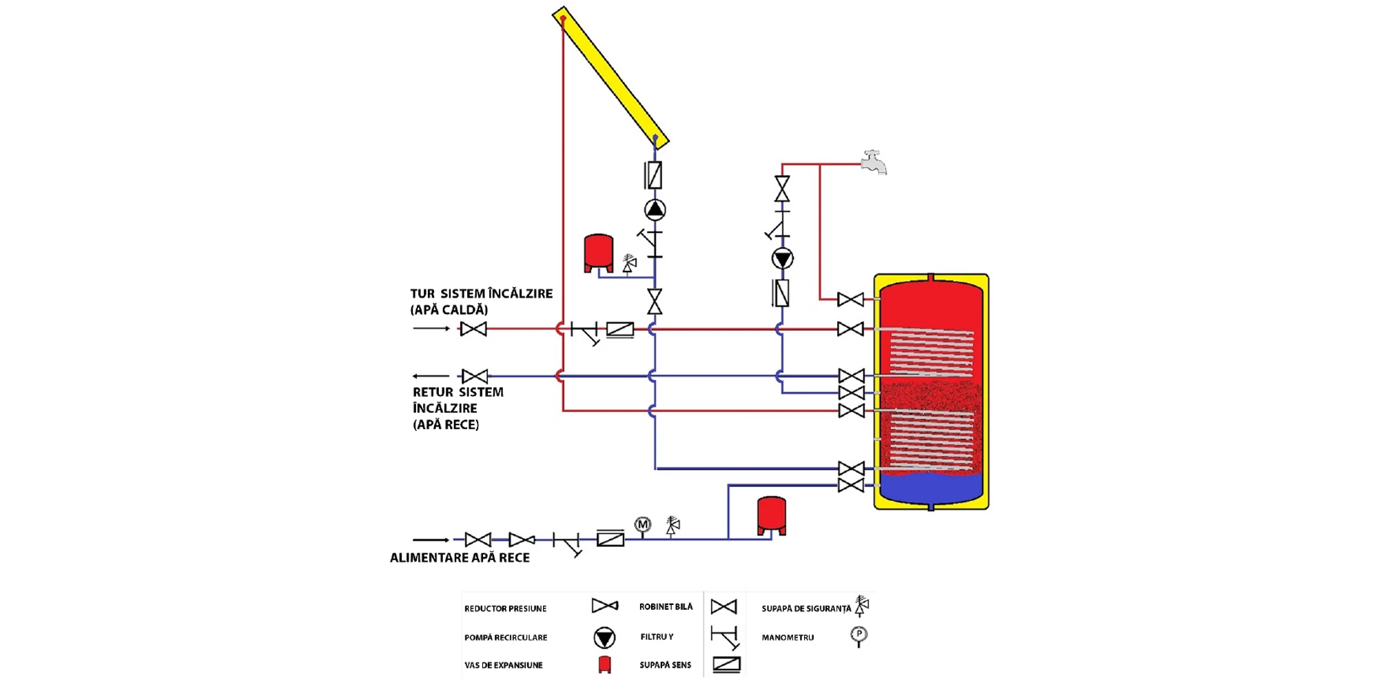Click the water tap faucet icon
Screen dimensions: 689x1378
point(874,162)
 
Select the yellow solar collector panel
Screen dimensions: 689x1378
point(610,76)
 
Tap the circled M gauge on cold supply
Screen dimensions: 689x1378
point(642,524)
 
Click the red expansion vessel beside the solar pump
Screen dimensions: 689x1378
point(598,252)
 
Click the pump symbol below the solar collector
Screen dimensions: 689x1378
point(655,209)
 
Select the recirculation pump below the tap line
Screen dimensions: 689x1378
point(782,258)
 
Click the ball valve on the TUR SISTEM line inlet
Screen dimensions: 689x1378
point(473,329)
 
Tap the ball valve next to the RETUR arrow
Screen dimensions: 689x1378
point(474,376)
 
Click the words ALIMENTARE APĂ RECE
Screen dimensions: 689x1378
point(460,558)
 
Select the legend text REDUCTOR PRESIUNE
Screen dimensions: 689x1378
point(505,608)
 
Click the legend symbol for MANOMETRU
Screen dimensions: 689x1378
point(858,635)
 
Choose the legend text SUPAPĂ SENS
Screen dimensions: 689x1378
point(665,665)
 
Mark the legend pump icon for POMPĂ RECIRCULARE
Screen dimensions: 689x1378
point(604,637)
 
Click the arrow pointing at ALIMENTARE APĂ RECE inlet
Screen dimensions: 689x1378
point(431,539)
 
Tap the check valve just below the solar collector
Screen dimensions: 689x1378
point(654,175)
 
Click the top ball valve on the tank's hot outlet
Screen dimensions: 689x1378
point(850,300)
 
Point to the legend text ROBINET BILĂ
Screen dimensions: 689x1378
point(666,607)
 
